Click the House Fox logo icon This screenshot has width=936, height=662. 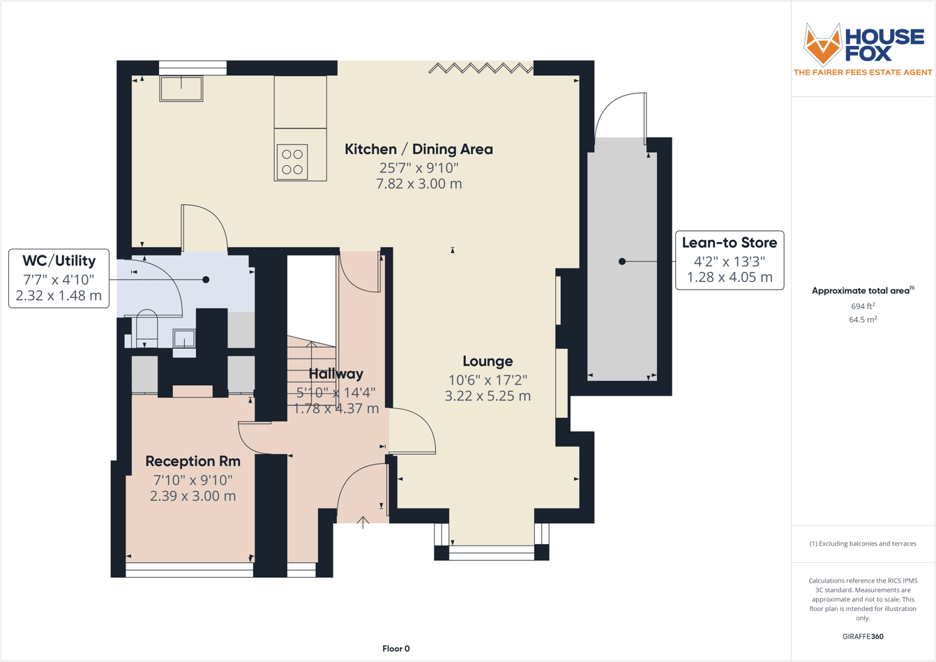(822, 44)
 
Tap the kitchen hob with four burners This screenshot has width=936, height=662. (292, 162)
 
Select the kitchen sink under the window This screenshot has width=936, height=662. (181, 89)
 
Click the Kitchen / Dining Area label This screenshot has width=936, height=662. (418, 149)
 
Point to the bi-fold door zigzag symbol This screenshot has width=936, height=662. (481, 68)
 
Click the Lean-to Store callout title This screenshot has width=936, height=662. (729, 243)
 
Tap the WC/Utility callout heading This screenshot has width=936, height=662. (59, 261)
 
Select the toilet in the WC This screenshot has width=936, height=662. (146, 328)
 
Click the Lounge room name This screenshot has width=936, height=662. (488, 361)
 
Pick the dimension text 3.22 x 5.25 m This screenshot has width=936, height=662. (488, 396)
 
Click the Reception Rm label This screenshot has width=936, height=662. (193, 461)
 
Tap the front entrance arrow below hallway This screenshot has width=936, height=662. (363, 522)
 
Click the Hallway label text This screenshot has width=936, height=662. (336, 374)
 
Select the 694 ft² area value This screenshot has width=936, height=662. (862, 306)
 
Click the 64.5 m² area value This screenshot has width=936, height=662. (862, 319)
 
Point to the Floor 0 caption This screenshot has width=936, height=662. (395, 649)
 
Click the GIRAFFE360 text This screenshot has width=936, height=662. (862, 636)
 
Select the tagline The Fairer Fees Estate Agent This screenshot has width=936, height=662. (862, 73)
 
